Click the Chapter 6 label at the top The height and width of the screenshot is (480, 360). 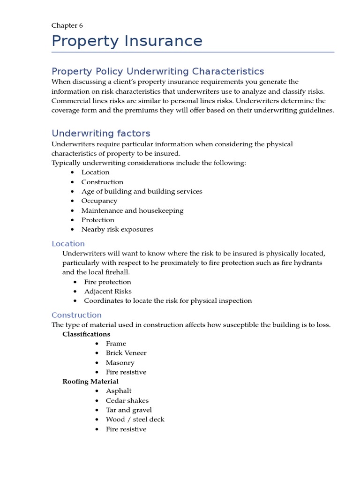tap(67, 26)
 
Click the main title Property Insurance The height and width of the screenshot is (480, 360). tap(127, 41)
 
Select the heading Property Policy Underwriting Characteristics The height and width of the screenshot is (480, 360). tap(157, 71)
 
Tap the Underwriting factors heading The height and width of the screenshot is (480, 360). tap(101, 133)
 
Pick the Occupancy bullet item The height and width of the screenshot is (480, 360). tap(99, 201)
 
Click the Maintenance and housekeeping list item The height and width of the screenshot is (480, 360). tap(132, 210)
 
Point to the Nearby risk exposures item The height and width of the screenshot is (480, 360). tap(117, 229)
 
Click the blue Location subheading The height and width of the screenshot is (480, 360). tap(68, 244)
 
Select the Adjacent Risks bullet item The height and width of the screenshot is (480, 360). tap(108, 291)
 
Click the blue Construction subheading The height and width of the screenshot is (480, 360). tap(76, 315)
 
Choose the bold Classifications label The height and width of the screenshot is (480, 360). tap(86, 334)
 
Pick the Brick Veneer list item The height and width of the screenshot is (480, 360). tap(126, 353)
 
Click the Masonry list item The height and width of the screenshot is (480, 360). tap(120, 362)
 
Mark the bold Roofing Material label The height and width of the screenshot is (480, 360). tap(90, 382)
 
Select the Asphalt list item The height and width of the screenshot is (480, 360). tap(119, 391)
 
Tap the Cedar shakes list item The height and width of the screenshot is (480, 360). tap(127, 400)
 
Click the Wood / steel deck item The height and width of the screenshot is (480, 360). tap(135, 420)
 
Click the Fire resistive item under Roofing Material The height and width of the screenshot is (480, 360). tap(126, 429)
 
